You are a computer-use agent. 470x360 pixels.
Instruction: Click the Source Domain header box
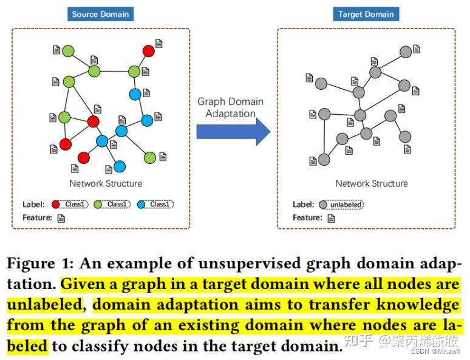point(100,14)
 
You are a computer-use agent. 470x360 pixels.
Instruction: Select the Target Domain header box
point(366,14)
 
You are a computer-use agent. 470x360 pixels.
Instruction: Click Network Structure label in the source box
point(106,183)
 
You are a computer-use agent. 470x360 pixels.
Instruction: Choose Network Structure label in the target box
point(372,183)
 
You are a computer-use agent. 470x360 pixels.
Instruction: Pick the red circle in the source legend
point(56,205)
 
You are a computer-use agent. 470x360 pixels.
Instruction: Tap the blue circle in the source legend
point(141,205)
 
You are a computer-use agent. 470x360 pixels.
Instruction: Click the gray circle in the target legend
point(322,205)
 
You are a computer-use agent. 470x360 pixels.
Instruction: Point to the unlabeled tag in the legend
point(346,205)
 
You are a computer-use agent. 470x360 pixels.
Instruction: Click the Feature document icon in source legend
point(61,218)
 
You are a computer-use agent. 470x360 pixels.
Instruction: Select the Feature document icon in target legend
point(331,218)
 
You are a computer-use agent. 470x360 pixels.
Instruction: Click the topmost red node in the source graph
point(148,51)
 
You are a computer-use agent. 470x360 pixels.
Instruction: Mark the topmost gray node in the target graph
point(406,52)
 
